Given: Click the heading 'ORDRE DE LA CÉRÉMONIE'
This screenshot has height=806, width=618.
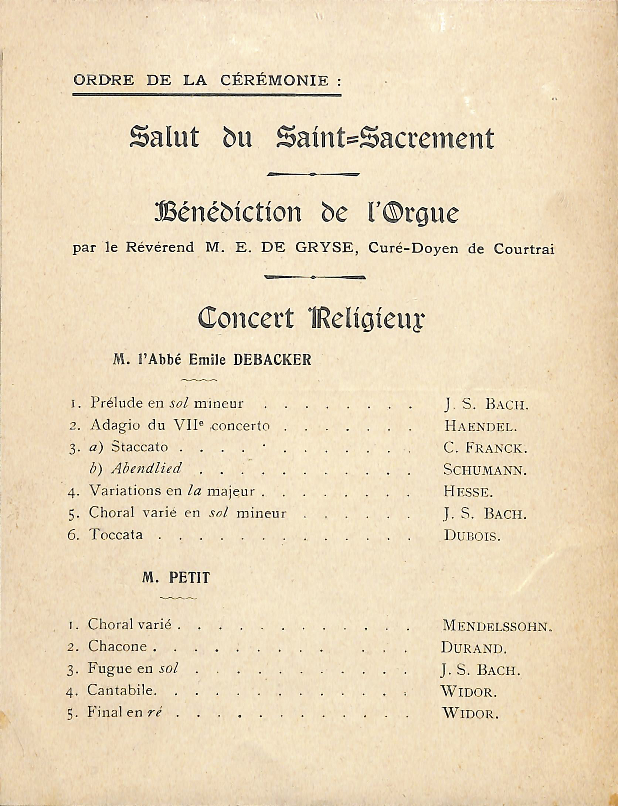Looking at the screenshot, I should (x=206, y=80).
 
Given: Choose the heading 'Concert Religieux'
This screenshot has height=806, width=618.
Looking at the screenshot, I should (x=311, y=319).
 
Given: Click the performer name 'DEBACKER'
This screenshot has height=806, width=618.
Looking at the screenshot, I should (x=272, y=360).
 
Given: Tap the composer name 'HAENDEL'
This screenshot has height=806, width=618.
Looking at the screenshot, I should (x=480, y=427).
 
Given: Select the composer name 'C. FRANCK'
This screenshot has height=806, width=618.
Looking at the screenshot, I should (x=485, y=448).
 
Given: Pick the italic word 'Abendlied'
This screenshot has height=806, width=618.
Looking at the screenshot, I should (x=147, y=469).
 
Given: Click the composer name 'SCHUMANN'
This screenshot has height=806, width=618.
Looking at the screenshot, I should (x=485, y=470).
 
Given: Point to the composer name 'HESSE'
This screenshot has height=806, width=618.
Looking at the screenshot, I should (x=468, y=492).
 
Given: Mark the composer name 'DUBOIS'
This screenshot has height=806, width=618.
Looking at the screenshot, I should (x=472, y=535).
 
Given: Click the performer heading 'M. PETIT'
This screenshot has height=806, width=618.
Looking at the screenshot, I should (x=176, y=578).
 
